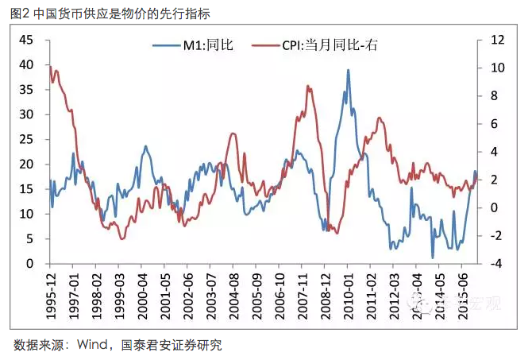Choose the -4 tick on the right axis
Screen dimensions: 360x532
(496, 264)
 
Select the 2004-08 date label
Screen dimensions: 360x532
(234, 293)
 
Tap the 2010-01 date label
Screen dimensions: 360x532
(349, 293)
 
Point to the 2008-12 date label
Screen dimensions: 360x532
(326, 293)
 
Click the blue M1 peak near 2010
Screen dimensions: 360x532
(348, 70)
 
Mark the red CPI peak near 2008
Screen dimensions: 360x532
(307, 86)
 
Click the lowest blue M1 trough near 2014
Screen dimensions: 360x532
(433, 257)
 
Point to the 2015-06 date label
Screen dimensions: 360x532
(464, 293)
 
